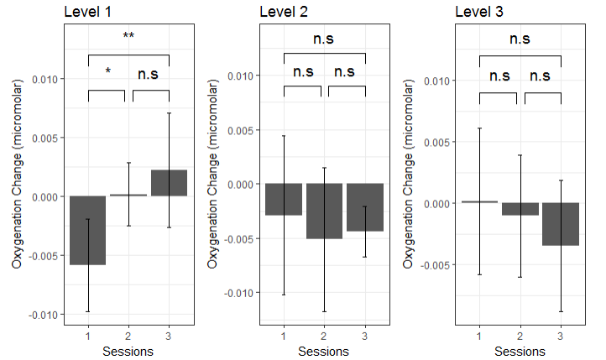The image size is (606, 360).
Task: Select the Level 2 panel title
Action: point(285,12)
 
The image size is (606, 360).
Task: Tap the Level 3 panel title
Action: point(481,12)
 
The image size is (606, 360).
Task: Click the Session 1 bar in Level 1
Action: point(88,230)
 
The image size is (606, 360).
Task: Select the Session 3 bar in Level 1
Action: point(169,183)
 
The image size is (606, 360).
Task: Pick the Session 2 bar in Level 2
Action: point(324,211)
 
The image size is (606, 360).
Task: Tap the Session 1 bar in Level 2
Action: point(284,199)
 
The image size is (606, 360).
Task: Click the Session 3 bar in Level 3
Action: point(561,224)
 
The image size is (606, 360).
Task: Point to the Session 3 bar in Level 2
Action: point(364,207)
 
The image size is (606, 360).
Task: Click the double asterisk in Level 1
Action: point(128,37)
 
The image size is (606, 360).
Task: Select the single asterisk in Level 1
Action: point(107,73)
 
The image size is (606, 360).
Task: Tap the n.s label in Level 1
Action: point(149,75)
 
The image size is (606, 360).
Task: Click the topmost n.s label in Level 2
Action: point(324,39)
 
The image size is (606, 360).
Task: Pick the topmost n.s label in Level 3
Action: point(520,39)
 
